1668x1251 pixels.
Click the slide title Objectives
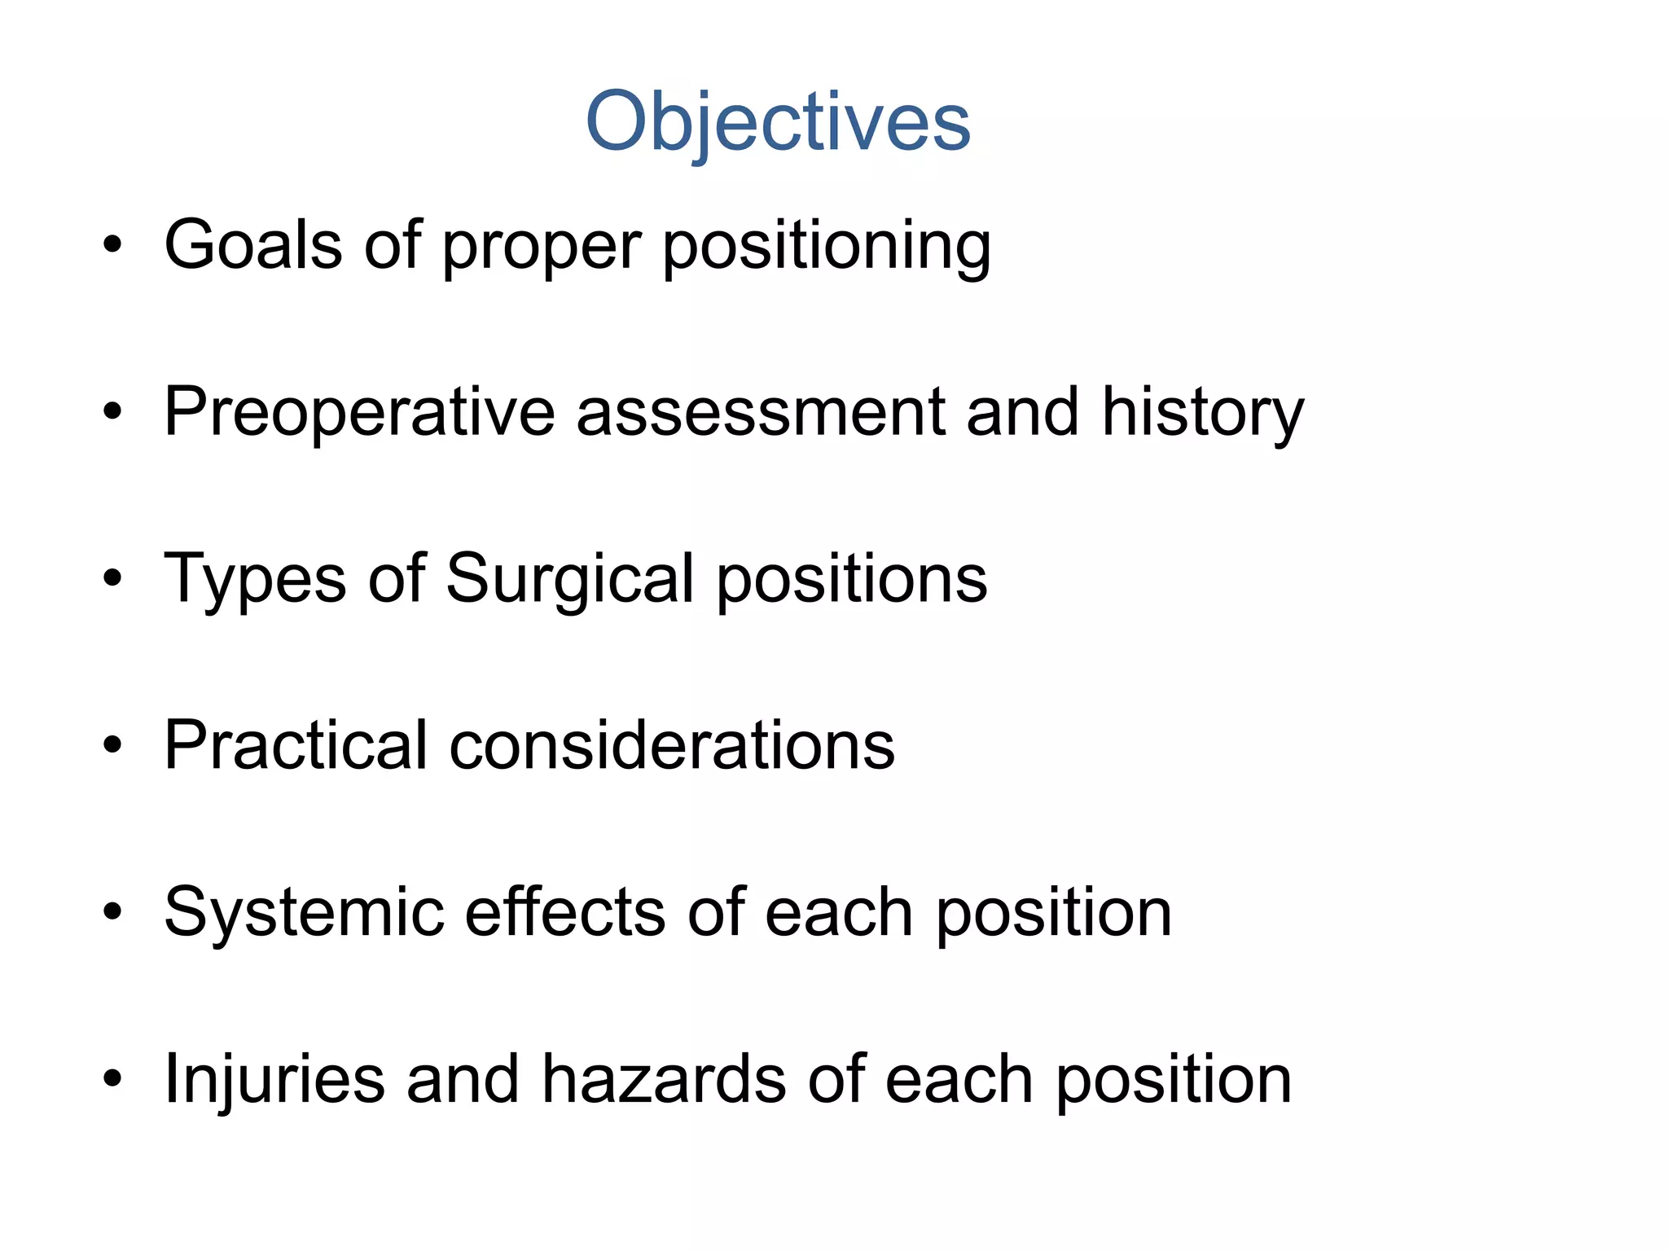(778, 122)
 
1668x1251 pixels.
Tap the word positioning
(827, 246)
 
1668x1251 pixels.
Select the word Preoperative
(359, 413)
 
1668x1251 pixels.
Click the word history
(1202, 413)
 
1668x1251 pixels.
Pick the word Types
(255, 580)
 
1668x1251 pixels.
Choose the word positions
(852, 580)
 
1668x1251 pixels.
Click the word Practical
(296, 745)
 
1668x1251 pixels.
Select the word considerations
(672, 745)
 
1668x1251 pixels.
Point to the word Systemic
(304, 913)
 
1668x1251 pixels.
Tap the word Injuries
(274, 1079)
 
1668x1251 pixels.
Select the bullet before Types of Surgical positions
(112, 579)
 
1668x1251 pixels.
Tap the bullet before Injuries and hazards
(112, 1079)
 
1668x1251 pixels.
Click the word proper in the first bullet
(542, 247)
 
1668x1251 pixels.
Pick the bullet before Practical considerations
(112, 745)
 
